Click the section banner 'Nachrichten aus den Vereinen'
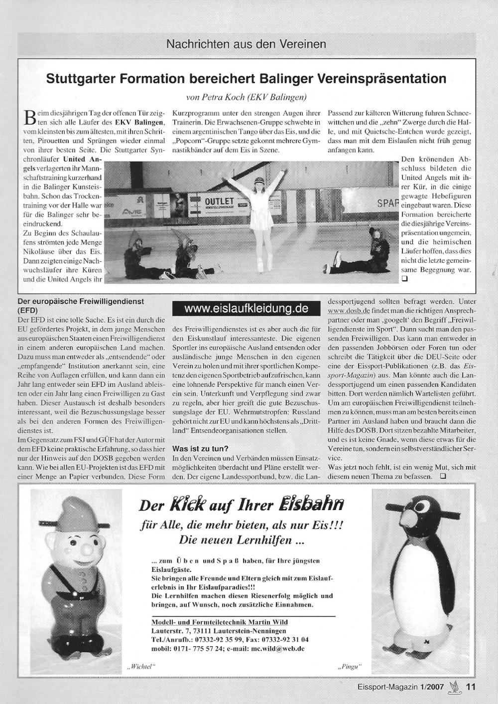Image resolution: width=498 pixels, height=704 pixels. click(246, 44)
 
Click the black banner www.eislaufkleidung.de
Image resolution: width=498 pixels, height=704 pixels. click(246, 309)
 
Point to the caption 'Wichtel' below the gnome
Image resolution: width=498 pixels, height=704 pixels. click(140, 667)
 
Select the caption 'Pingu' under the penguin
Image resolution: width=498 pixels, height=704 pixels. click(348, 667)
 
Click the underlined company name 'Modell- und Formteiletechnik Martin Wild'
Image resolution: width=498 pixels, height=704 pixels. click(219, 622)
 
